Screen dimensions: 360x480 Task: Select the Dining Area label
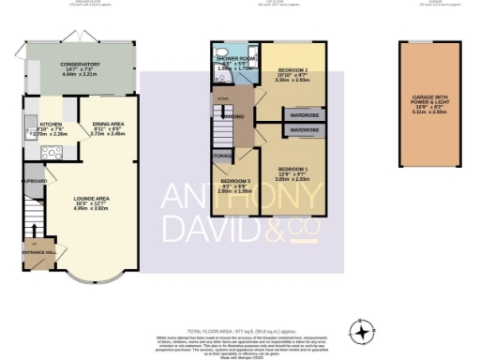108,129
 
